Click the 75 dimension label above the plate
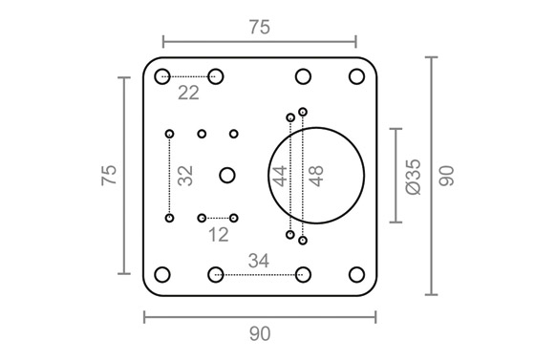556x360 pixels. [x=260, y=28]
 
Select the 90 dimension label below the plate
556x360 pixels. [x=260, y=334]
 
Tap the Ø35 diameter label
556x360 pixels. [x=414, y=177]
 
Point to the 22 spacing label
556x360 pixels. [x=188, y=94]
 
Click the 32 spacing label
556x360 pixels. [x=185, y=176]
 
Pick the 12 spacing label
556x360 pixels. [x=219, y=235]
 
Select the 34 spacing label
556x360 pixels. [x=259, y=261]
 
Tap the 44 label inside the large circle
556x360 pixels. [x=280, y=176]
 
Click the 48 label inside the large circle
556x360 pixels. [x=316, y=176]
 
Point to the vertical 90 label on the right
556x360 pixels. [x=446, y=176]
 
